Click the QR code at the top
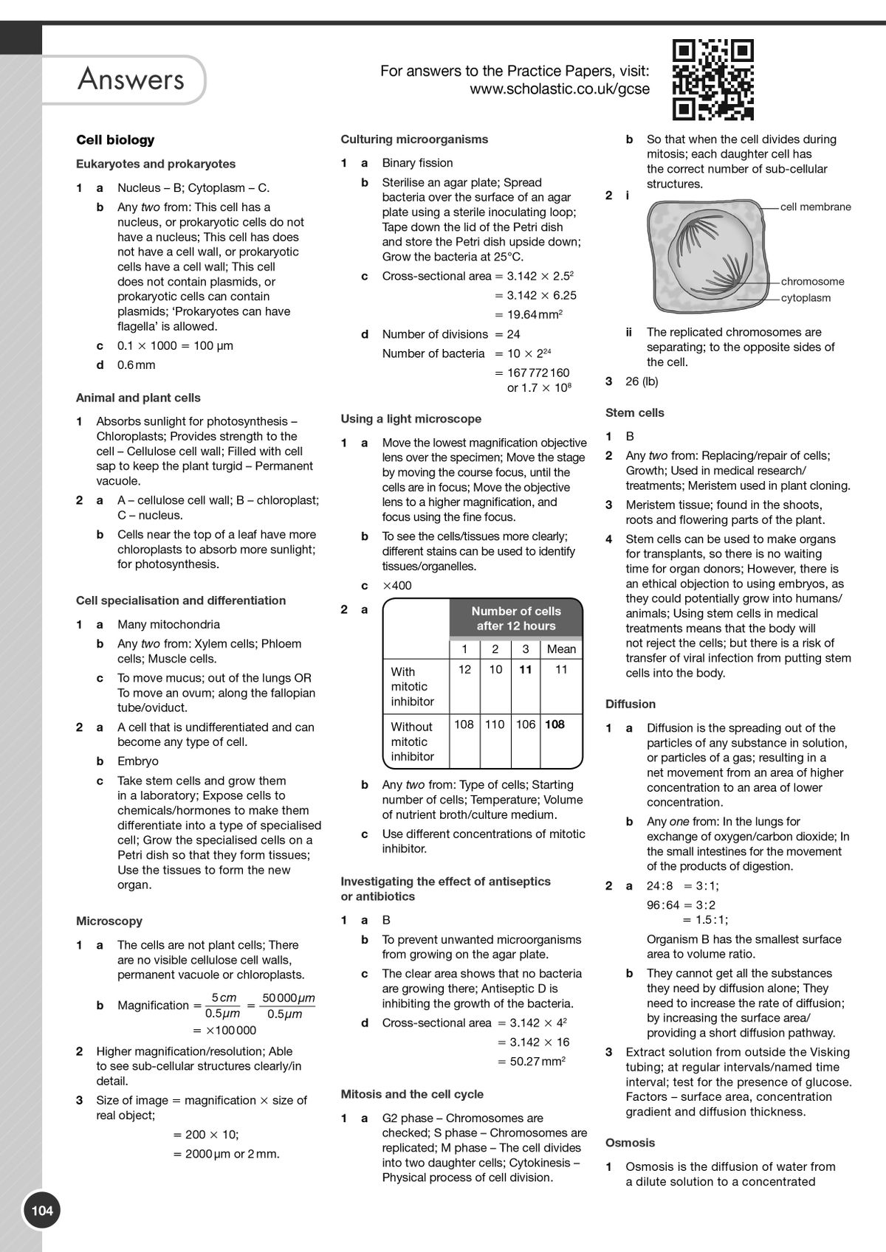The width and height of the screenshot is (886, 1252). tap(712, 79)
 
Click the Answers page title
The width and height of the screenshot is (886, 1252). tap(131, 79)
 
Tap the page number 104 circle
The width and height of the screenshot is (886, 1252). tap(42, 1210)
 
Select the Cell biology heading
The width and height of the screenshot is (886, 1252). tap(115, 139)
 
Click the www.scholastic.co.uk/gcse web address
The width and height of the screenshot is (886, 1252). tap(560, 89)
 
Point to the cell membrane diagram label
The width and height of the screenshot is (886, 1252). tap(815, 207)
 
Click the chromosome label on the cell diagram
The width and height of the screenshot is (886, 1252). tap(812, 281)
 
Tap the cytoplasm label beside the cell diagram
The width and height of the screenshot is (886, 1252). tap(806, 298)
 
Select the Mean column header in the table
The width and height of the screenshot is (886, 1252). tap(561, 649)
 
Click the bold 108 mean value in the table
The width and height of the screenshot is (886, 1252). tap(554, 724)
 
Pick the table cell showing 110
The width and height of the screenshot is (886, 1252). tap(495, 724)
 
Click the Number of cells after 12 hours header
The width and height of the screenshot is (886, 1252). tap(515, 618)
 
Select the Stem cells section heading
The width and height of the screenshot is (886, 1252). tap(634, 412)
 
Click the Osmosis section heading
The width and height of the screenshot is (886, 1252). tap(630, 1142)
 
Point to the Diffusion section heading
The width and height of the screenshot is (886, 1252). tap(630, 704)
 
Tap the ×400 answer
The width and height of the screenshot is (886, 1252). tap(397, 586)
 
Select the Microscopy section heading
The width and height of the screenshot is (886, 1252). tap(109, 921)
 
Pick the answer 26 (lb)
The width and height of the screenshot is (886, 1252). tap(642, 381)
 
